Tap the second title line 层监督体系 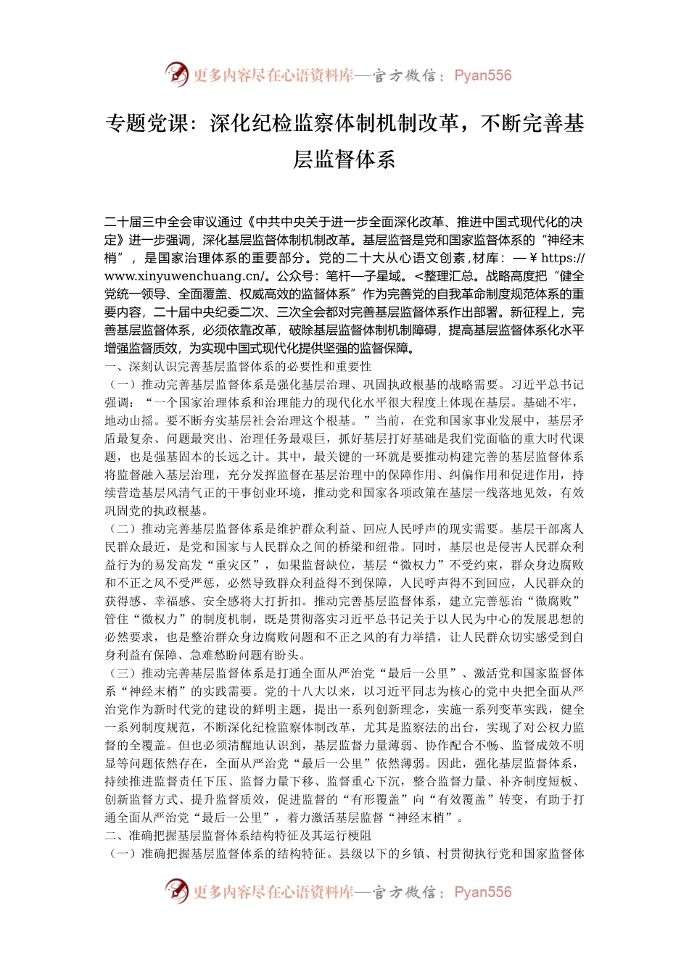tap(344, 159)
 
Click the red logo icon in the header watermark tap(177, 75)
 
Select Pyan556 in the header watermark tap(482, 75)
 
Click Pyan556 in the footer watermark tap(482, 892)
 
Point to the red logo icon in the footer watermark tap(177, 891)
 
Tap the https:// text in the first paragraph tap(563, 258)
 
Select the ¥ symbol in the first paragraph tap(533, 258)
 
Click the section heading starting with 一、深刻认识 tap(239, 367)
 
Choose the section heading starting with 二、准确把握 tap(239, 836)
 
